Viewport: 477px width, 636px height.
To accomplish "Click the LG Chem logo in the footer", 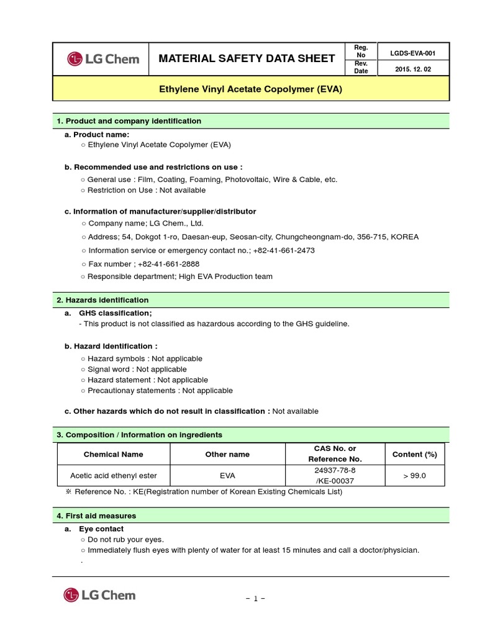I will click(x=99, y=595).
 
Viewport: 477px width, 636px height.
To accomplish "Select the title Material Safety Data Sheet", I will click(x=247, y=59).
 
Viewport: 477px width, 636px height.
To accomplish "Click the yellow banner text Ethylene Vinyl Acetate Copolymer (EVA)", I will click(x=251, y=89).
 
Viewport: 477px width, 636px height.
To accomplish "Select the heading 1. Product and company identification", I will click(x=129, y=121).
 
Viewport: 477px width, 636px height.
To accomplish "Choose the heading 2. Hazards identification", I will click(x=102, y=300).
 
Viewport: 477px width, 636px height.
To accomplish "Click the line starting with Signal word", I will click(x=137, y=369).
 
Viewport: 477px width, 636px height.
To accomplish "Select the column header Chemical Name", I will click(x=113, y=454).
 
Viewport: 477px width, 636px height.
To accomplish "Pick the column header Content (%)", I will click(x=414, y=454).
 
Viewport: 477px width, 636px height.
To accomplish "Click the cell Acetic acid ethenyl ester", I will click(x=113, y=476).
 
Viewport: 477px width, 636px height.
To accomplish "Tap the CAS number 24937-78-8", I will click(x=335, y=470).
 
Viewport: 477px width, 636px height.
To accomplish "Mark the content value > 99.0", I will click(x=414, y=476).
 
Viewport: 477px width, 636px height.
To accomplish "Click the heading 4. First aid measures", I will click(x=96, y=516).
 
